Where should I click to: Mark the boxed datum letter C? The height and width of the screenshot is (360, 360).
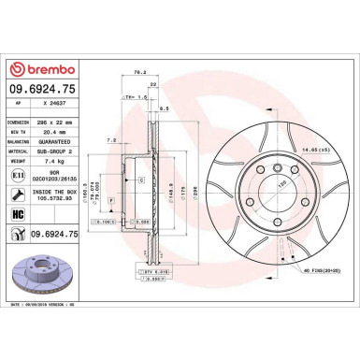click(x=140, y=180)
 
